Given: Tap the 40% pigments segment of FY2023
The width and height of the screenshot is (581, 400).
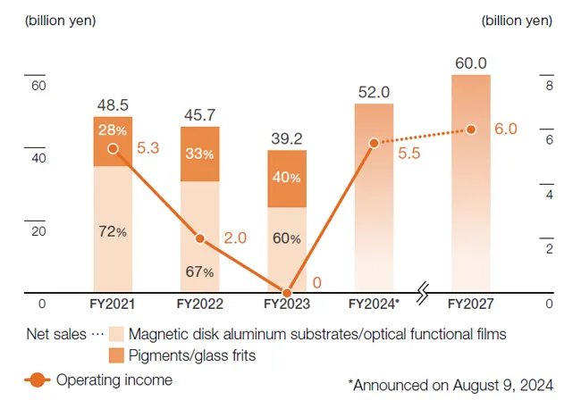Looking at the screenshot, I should (287, 178).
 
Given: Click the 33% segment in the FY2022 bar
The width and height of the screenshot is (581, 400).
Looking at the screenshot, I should (199, 154).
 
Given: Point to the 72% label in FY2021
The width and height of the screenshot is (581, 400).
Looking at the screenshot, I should (112, 231).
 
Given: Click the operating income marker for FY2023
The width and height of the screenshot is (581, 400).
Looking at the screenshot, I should (287, 293).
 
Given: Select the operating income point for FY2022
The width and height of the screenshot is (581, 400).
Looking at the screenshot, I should (199, 238).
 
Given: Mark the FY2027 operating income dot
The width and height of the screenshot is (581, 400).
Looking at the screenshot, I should (471, 129).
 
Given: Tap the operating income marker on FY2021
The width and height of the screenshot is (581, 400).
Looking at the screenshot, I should (113, 148).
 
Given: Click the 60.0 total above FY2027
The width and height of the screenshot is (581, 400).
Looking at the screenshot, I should (470, 63).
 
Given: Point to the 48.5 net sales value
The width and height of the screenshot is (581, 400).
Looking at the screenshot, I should (113, 105).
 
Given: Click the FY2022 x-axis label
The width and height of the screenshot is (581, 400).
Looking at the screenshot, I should (199, 304).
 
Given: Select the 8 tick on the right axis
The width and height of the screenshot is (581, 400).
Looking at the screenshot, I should (550, 86).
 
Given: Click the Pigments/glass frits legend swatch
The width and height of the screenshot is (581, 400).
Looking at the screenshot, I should (115, 356).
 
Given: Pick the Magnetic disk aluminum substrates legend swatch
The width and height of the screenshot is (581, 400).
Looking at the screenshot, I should (115, 335).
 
